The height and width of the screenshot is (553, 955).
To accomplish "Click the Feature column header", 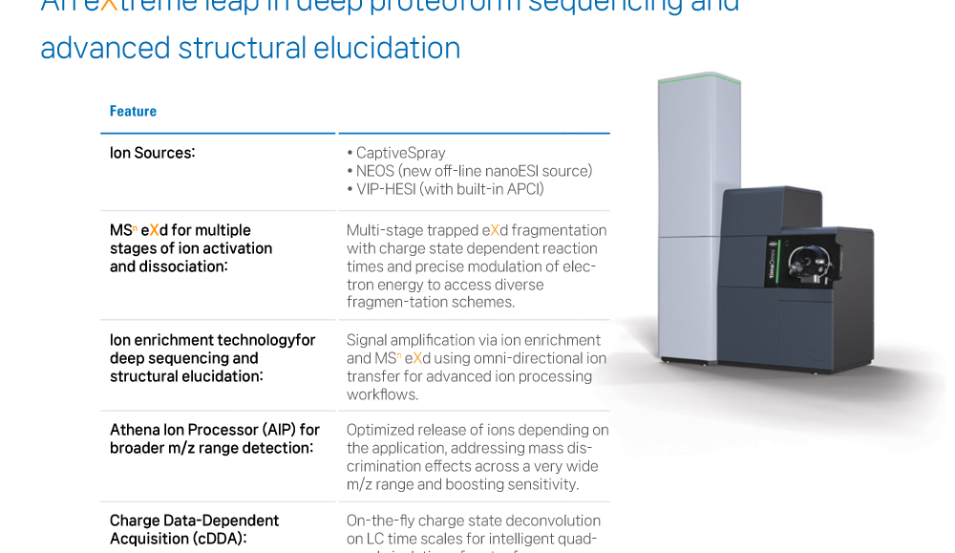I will pyautogui.click(x=133, y=112).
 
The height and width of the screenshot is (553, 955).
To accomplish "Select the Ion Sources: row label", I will pyautogui.click(x=152, y=153).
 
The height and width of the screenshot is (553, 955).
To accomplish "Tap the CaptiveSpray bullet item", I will pyautogui.click(x=400, y=153).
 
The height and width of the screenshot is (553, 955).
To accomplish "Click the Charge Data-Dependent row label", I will pyautogui.click(x=194, y=521).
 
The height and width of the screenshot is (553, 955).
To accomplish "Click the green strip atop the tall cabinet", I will pyautogui.click(x=699, y=76).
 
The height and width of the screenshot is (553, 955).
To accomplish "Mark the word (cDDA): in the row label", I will pyautogui.click(x=216, y=539).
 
